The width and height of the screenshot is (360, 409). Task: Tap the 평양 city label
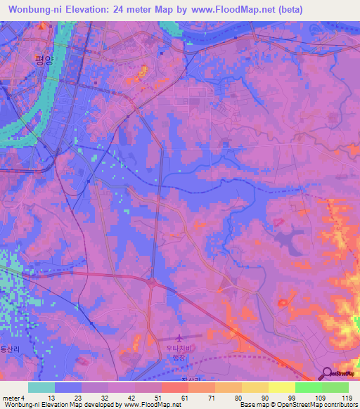pyautogui.click(x=44, y=60)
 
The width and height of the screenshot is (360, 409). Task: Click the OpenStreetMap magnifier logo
pyautogui.click(x=328, y=373)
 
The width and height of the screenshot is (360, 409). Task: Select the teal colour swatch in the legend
pyautogui.click(x=41, y=387)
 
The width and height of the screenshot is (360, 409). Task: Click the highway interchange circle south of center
pyautogui.click(x=151, y=282)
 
